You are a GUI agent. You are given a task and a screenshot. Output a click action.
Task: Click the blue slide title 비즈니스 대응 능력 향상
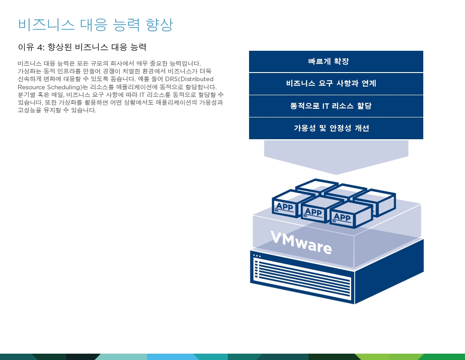click(95, 24)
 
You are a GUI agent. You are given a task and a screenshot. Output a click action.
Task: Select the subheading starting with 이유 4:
click(82, 47)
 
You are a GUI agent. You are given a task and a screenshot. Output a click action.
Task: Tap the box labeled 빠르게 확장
click(336, 61)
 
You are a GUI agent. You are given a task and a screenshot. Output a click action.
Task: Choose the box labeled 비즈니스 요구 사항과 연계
click(336, 83)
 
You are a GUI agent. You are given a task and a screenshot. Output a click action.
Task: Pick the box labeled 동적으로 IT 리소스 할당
click(336, 106)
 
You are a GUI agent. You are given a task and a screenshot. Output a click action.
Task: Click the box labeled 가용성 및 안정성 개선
click(336, 128)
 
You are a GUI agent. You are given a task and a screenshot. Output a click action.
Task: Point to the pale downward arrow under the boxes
click(336, 157)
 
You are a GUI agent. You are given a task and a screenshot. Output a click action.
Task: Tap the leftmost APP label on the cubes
click(284, 206)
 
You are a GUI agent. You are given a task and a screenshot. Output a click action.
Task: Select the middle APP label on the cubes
click(313, 212)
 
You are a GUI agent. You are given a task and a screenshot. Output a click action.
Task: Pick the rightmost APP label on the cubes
click(342, 218)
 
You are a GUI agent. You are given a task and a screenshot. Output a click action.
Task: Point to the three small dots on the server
click(257, 256)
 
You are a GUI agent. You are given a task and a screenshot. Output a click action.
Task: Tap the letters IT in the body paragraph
click(142, 95)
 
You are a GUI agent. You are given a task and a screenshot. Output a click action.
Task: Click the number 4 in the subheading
click(40, 48)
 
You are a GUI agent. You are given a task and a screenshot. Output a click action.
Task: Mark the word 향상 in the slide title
click(159, 24)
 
